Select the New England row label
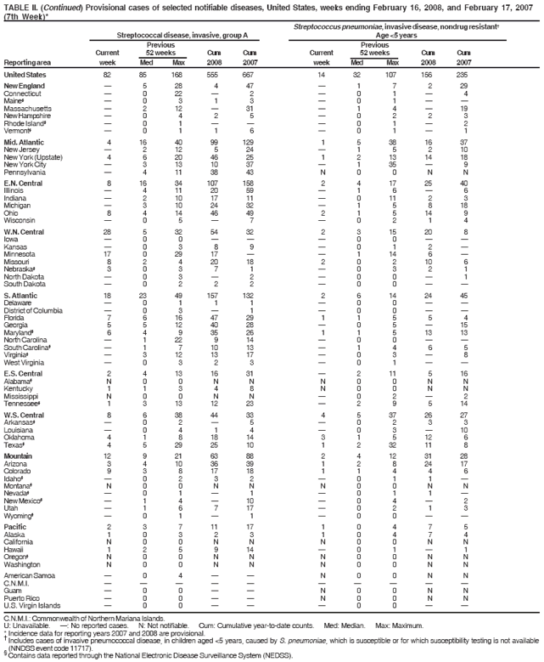[x=24, y=87]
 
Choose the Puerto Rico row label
[x=20, y=597]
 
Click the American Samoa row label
[x=27, y=577]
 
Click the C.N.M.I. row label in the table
[x=15, y=584]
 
